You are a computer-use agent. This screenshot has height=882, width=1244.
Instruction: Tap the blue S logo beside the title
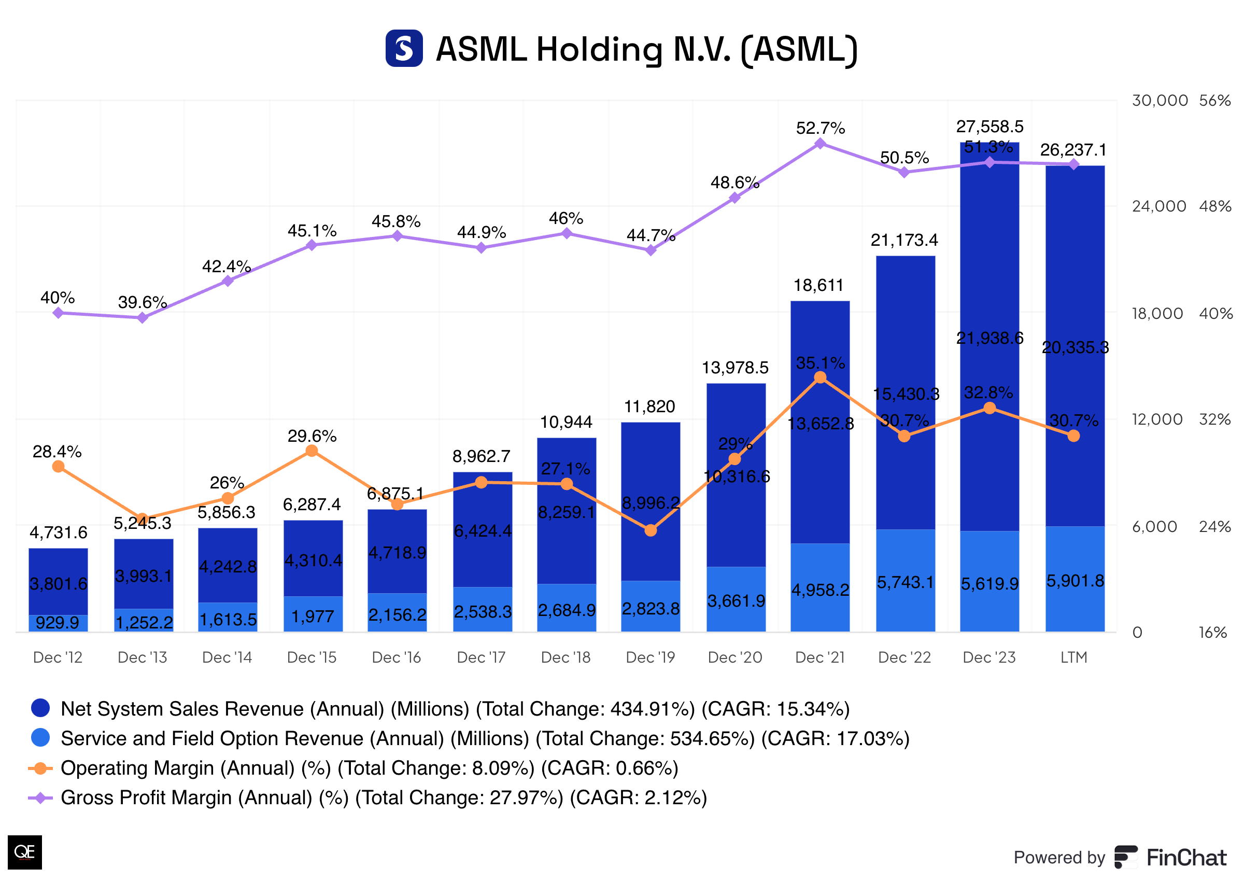(404, 48)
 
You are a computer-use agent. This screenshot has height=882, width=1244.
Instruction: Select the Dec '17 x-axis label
(481, 657)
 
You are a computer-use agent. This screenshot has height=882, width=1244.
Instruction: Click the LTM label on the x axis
(1073, 657)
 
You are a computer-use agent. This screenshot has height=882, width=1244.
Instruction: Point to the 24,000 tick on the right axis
(1158, 206)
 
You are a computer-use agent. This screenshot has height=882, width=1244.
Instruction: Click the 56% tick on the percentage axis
(1214, 101)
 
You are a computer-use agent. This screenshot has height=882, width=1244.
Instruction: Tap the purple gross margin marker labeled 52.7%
(820, 144)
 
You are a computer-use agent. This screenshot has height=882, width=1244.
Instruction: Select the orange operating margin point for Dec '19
(650, 530)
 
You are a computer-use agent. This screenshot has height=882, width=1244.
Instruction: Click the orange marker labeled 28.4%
(58, 467)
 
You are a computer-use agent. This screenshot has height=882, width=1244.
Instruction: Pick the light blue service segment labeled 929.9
(58, 622)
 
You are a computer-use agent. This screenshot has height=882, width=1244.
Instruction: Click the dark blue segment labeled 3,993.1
(143, 576)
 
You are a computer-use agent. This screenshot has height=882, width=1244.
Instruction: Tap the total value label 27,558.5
(989, 127)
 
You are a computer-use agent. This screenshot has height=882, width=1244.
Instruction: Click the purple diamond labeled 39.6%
(142, 318)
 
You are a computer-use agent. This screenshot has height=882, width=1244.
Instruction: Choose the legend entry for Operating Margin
(369, 768)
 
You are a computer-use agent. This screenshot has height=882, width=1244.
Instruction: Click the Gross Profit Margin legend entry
(383, 797)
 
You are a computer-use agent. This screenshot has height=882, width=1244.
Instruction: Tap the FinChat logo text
(1186, 858)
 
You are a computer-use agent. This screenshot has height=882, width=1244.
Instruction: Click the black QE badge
(24, 851)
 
